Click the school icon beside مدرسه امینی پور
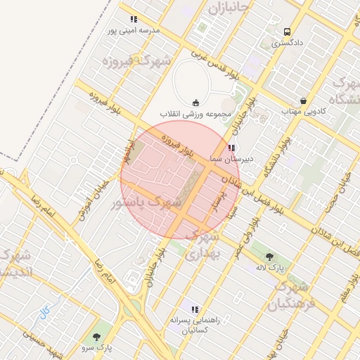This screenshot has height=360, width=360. click(134, 19)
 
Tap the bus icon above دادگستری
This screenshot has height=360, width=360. click(287, 32)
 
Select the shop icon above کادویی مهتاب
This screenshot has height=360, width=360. click(303, 101)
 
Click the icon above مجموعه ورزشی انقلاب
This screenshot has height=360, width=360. click(195, 103)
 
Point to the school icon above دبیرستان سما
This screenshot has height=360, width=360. click(231, 148)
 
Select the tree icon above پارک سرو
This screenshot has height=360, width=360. click(95, 336)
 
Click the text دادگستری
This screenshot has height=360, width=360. click(288, 44)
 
